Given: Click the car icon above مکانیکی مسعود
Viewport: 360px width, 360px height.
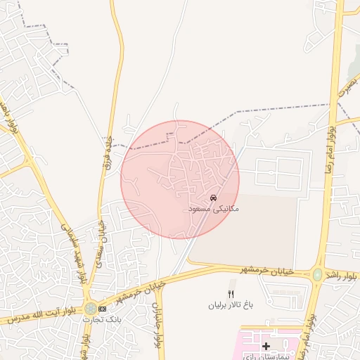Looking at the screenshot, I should (x=213, y=197).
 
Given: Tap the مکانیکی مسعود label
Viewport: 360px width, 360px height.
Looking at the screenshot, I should (x=215, y=209).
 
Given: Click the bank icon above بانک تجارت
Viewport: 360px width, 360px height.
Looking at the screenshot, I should (x=103, y=308).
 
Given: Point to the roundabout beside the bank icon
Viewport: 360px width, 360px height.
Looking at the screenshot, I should (x=91, y=308).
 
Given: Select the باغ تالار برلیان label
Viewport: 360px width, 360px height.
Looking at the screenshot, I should (x=229, y=305).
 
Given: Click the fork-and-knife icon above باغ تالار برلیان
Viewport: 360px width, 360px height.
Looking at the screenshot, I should (x=229, y=293).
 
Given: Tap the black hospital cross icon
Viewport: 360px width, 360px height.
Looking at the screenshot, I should (x=266, y=346).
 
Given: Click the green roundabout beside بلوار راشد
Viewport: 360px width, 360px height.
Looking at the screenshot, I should (x=317, y=275).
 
